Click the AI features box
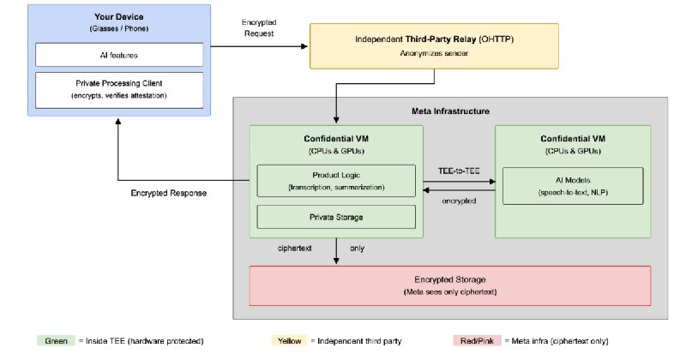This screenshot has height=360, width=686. click(x=119, y=55)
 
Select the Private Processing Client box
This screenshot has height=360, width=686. click(x=119, y=90)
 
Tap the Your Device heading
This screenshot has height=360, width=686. click(x=119, y=16)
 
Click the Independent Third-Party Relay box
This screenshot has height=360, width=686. click(x=434, y=46)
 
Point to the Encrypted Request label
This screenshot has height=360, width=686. click(x=259, y=27)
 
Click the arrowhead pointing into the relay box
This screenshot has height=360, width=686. click(x=305, y=46)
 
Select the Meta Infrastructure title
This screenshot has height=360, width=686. click(x=450, y=111)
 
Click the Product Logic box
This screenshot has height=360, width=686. click(x=336, y=181)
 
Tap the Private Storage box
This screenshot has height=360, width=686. click(x=336, y=217)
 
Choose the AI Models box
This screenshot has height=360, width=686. click(x=573, y=186)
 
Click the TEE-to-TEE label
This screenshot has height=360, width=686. click(x=459, y=171)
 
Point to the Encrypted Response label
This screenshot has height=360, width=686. click(x=168, y=193)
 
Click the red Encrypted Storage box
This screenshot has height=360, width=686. click(x=449, y=285)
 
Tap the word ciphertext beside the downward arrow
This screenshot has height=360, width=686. click(x=294, y=248)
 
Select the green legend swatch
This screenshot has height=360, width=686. click(x=56, y=341)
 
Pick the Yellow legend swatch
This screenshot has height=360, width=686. click(x=289, y=341)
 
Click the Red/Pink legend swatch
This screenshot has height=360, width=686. click(x=477, y=341)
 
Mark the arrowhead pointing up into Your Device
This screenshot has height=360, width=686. click(x=118, y=122)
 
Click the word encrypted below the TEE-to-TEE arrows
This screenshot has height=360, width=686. click(x=459, y=201)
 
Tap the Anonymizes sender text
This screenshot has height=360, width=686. click(x=434, y=53)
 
